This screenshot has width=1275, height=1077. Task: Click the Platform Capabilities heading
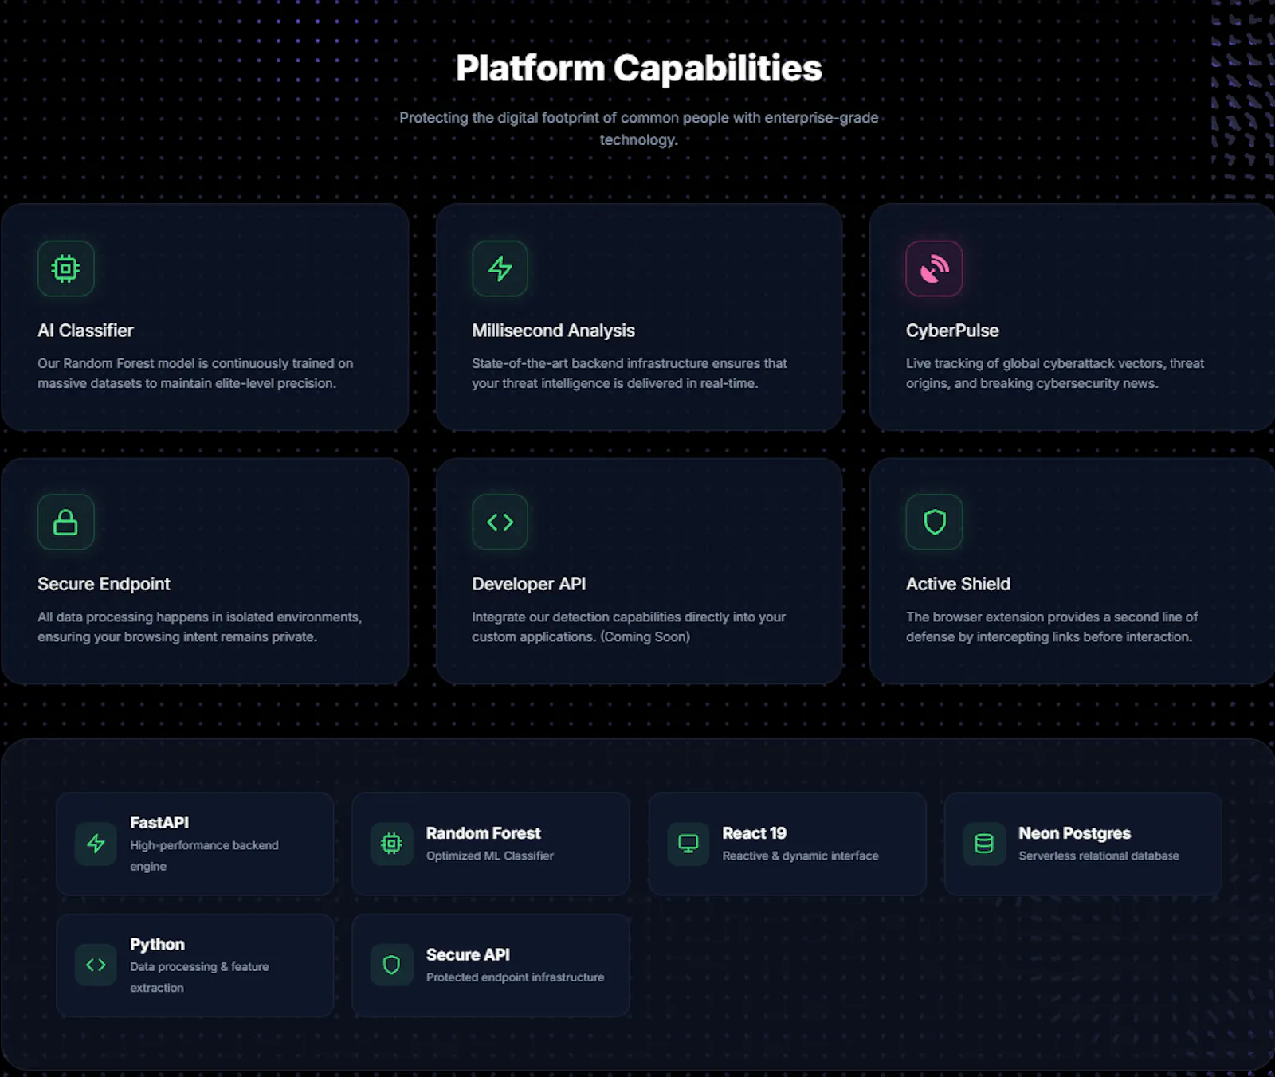(638, 69)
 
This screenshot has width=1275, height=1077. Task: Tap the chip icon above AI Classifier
(65, 268)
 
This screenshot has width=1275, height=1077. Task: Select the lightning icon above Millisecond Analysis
(500, 268)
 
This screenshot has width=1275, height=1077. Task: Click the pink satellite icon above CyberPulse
(934, 268)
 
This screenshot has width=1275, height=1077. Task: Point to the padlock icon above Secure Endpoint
(65, 522)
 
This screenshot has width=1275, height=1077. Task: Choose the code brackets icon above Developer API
(500, 522)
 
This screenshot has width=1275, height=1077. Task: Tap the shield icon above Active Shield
(934, 522)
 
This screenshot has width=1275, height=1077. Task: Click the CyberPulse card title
(952, 331)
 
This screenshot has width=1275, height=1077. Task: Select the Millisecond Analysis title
(553, 331)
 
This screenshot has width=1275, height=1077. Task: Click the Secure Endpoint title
(104, 584)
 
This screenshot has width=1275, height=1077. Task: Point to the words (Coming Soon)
(645, 637)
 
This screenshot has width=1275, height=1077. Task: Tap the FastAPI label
(159, 822)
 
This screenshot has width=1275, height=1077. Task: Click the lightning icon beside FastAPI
(96, 844)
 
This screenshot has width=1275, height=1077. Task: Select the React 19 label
(754, 833)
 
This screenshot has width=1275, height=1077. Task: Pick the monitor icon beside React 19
(688, 844)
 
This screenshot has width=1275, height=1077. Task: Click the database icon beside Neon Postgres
(984, 844)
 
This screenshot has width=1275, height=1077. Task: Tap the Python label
(157, 944)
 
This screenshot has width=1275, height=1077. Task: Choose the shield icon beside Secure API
(391, 965)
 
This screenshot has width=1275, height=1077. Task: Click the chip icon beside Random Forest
(391, 844)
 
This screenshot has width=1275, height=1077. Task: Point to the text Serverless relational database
(1099, 856)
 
